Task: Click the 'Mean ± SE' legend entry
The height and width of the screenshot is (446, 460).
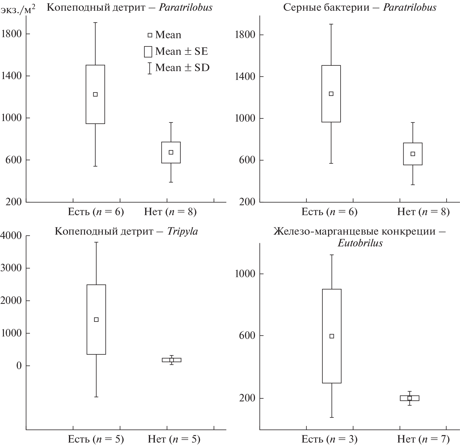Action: click(176, 51)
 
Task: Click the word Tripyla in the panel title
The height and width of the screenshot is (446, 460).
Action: click(183, 231)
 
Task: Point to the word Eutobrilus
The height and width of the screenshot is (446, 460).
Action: click(360, 243)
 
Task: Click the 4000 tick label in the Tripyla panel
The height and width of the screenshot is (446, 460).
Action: click(11, 236)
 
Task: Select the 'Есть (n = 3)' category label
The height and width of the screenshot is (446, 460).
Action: click(329, 439)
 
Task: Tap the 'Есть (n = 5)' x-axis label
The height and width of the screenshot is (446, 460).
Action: click(96, 439)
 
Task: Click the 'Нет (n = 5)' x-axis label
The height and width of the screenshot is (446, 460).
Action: click(174, 439)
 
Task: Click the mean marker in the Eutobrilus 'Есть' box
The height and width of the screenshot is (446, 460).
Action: click(332, 336)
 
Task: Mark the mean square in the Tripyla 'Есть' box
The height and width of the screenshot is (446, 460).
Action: click(96, 320)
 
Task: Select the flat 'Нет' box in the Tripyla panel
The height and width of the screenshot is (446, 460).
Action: click(172, 360)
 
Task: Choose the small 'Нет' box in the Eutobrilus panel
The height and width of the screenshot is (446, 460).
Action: click(409, 398)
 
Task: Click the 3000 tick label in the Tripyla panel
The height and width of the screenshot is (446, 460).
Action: click(11, 268)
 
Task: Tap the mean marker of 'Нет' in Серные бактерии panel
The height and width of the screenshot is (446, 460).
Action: click(413, 154)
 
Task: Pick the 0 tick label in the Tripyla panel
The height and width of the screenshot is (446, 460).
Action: click(19, 366)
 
